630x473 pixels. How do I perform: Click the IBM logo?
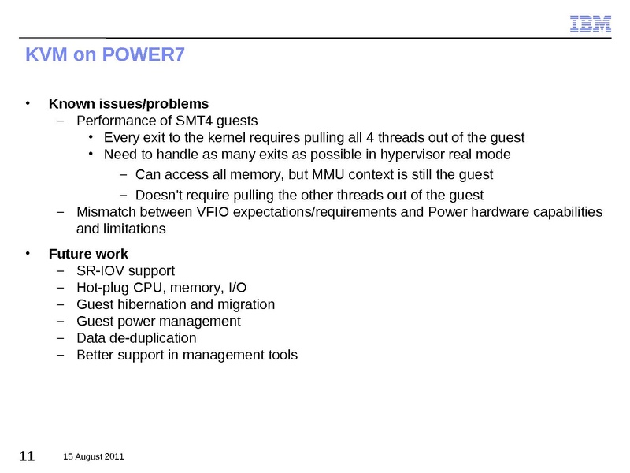coord(591,24)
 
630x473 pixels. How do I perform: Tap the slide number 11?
coord(26,456)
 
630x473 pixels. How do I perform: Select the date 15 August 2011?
coord(93,457)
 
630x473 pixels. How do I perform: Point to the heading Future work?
coord(88,254)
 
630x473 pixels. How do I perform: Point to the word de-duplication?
coord(153,338)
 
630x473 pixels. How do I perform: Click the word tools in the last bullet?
coord(282,355)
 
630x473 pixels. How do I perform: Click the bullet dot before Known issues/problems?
coord(28,103)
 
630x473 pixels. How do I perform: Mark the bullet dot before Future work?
coord(28,254)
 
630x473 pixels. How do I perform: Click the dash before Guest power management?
coord(61,322)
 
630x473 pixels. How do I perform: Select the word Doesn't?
coord(159,195)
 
